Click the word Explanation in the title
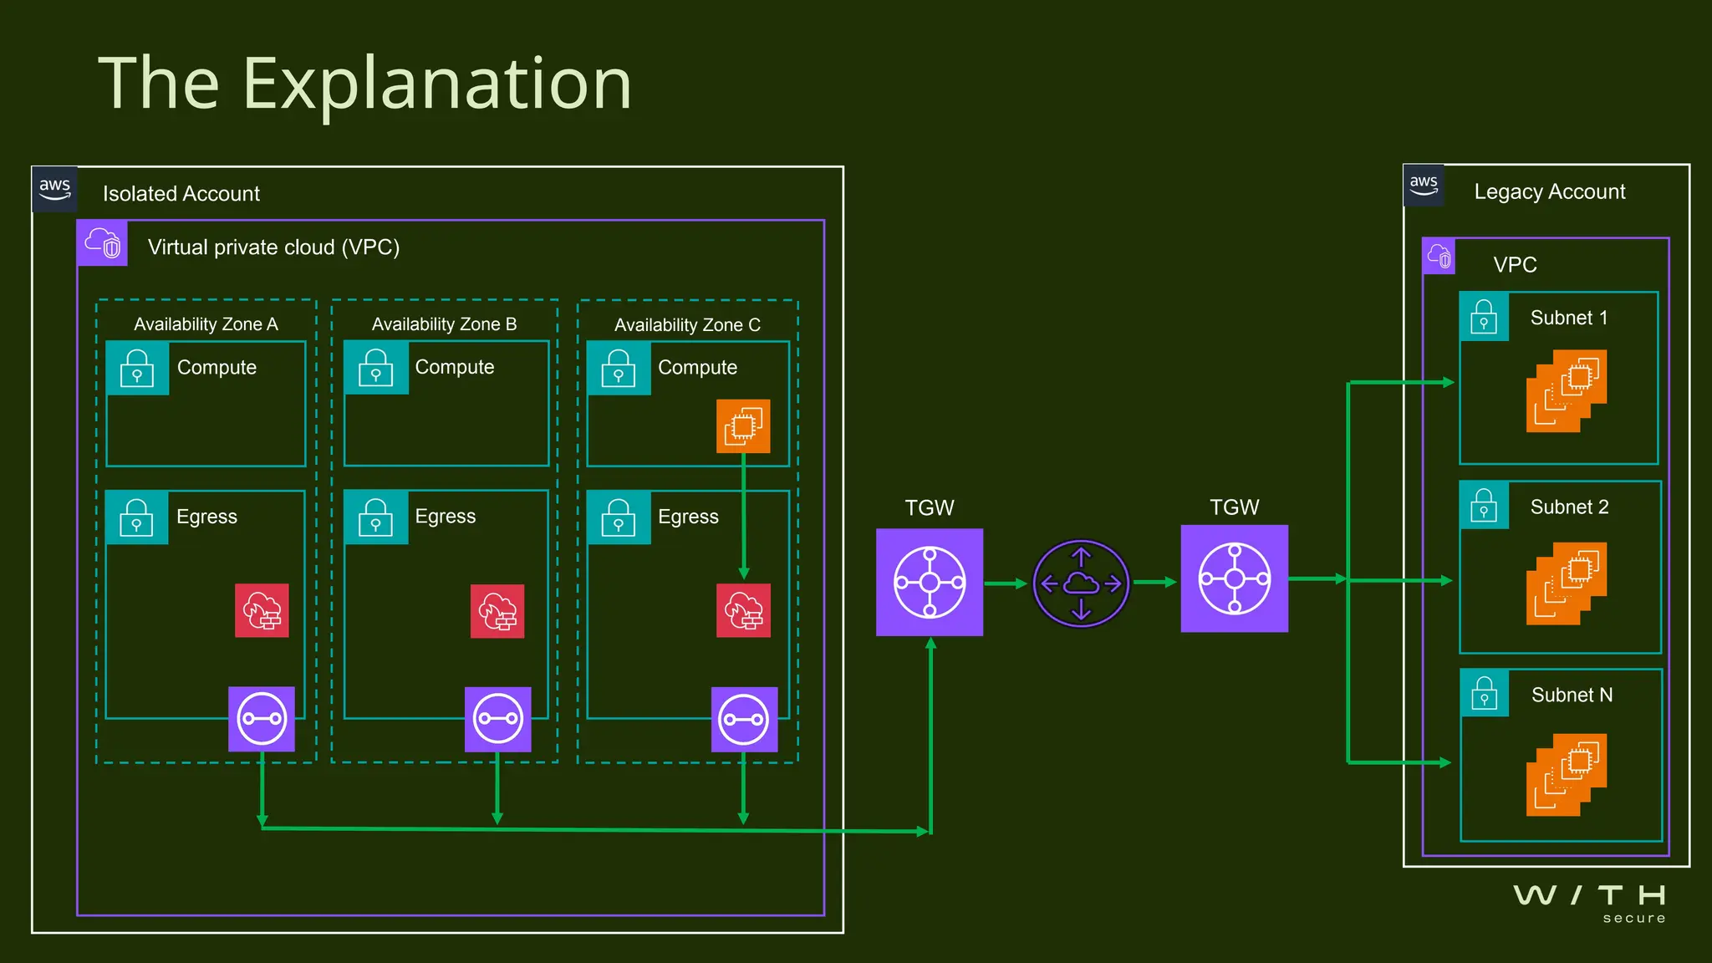tap(436, 84)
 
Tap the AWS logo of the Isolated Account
tap(55, 189)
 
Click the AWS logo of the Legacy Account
tap(1424, 185)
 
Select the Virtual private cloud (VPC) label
tap(273, 247)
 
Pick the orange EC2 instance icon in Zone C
tap(743, 426)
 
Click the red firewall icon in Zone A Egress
tap(262, 610)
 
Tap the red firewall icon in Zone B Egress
tap(497, 611)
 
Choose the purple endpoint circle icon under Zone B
tap(497, 719)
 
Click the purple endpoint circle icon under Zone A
tap(262, 719)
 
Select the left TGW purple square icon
tap(930, 582)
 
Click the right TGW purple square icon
tap(1234, 578)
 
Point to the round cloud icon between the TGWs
tap(1081, 583)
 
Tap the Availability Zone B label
tap(444, 324)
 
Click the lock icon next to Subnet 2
tap(1484, 505)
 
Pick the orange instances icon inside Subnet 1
tap(1566, 390)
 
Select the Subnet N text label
tap(1572, 695)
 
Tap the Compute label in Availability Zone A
tap(217, 367)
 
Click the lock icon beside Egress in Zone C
tap(619, 517)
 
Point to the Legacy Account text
tap(1549, 191)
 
